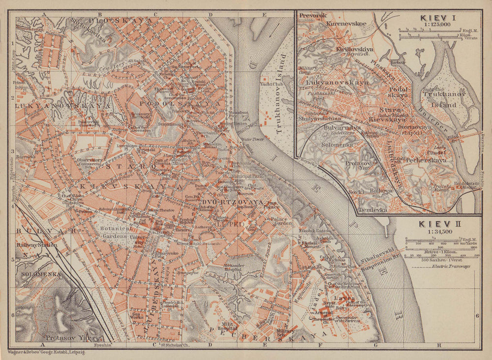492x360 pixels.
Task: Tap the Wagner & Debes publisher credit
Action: pos(46,353)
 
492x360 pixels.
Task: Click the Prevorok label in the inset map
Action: pos(313,15)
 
